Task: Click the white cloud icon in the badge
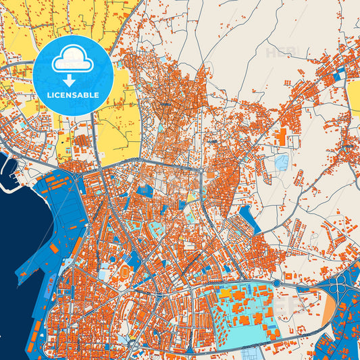tap(72, 59)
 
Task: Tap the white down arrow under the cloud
tap(72, 80)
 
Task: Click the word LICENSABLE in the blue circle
tap(72, 95)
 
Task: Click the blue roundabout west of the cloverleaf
tap(277, 282)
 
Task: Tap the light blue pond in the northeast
tap(281, 162)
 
